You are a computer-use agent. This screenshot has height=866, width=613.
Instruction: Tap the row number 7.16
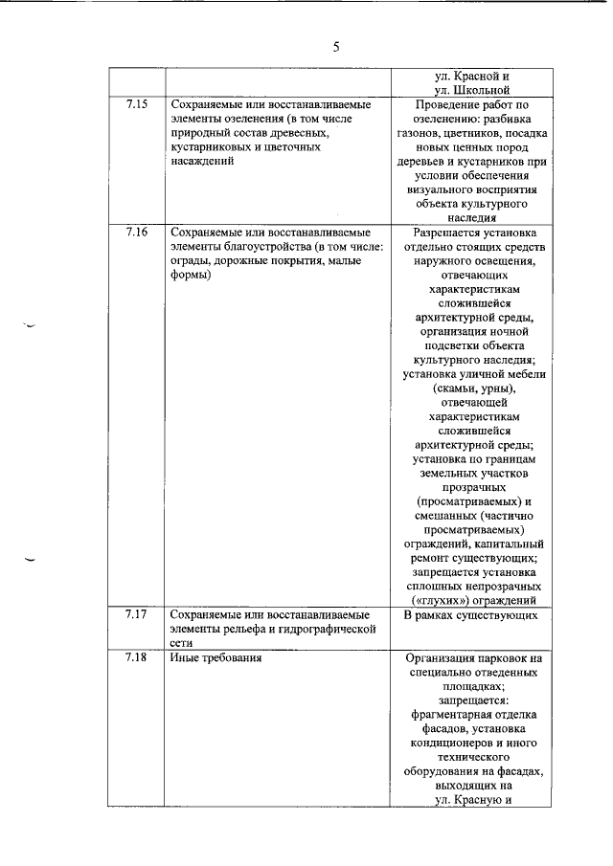[x=136, y=233]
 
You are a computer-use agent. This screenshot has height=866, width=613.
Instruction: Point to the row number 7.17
[x=136, y=614]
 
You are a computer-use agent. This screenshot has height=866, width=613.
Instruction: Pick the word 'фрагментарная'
[x=450, y=715]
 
